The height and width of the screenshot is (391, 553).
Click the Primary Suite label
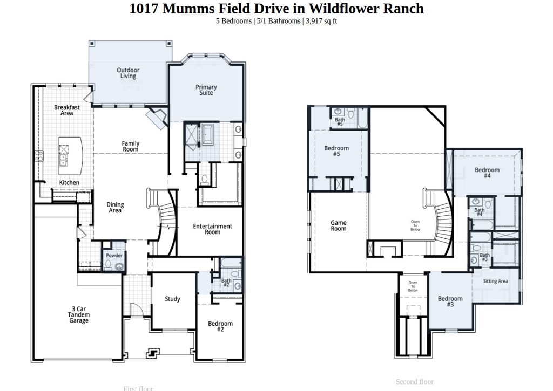206,90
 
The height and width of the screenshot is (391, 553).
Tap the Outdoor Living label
128,73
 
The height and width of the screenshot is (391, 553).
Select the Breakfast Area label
67,110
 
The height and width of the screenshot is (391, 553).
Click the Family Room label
130,146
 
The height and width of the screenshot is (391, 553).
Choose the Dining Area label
115,208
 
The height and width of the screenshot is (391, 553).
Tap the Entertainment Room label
212,229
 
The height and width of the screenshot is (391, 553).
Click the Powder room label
114,256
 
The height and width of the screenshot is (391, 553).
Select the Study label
172,299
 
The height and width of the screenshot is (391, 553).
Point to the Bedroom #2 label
220,326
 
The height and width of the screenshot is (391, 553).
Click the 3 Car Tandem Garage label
78,315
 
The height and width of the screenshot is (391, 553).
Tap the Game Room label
339,225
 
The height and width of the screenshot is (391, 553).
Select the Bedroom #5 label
336,151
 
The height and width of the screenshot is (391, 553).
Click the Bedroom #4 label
487,173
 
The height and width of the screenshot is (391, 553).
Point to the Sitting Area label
495,281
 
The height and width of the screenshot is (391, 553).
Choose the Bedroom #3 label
450,301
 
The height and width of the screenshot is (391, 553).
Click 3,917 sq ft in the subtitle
321,21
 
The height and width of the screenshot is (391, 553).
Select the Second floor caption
414,382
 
